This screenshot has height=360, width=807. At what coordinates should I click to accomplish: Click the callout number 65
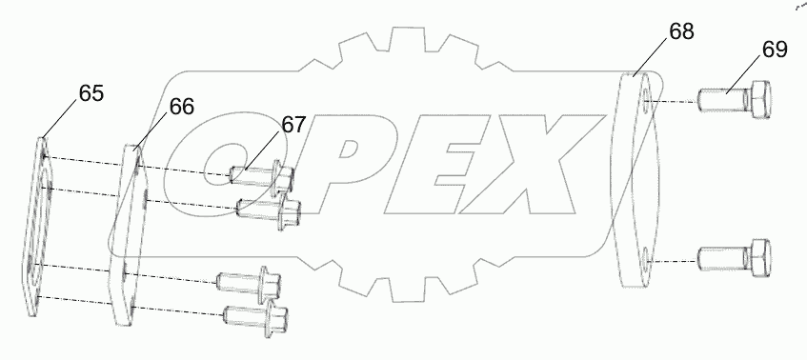(x=91, y=93)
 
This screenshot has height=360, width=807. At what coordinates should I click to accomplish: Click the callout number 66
(x=182, y=107)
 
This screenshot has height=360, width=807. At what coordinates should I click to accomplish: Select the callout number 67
(x=293, y=125)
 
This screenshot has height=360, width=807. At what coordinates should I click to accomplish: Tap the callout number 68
(x=680, y=30)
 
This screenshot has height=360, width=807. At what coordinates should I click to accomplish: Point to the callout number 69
(x=774, y=50)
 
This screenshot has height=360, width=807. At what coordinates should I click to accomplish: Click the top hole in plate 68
(x=647, y=100)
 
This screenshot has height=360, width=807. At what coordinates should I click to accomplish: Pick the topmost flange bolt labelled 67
(x=262, y=175)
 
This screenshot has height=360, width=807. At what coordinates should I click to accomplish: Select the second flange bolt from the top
(x=269, y=207)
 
